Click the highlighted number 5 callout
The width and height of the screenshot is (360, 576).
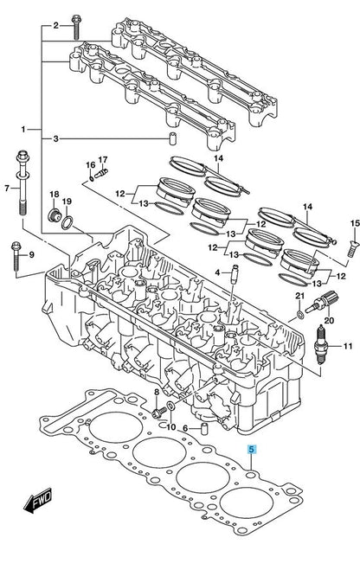click(x=252, y=449)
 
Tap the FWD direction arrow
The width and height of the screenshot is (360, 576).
click(x=38, y=501)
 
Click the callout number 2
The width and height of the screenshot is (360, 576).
click(x=56, y=25)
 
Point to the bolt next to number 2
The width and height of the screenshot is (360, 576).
click(x=76, y=27)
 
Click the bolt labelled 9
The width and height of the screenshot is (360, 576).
click(x=16, y=256)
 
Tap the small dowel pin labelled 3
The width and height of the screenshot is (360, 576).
click(x=171, y=139)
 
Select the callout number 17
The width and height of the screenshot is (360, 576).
click(x=103, y=160)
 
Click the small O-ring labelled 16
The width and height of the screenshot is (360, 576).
click(x=91, y=179)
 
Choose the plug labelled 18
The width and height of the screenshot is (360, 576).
click(x=54, y=215)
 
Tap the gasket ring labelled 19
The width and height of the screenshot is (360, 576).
click(x=67, y=223)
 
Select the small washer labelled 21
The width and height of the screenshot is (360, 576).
click(x=300, y=315)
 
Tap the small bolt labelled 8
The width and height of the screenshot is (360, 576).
click(x=159, y=413)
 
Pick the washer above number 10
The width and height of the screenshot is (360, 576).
click(x=171, y=406)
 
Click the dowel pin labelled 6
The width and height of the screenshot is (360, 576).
click(x=204, y=428)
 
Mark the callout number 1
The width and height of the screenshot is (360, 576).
click(x=23, y=130)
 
